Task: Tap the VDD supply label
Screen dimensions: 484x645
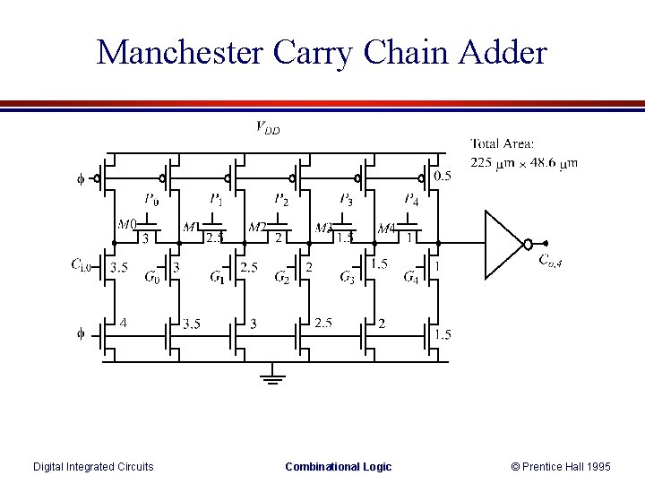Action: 267,128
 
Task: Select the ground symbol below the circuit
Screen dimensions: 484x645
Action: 272,376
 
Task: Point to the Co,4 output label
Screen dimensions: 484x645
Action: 549,260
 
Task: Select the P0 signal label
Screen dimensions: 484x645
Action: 153,199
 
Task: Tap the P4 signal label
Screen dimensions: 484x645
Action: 410,199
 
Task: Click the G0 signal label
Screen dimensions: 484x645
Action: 153,276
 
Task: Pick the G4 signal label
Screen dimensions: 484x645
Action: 411,276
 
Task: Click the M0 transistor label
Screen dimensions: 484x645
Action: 127,223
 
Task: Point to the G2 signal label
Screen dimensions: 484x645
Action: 282,276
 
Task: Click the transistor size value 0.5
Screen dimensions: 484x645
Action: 442,176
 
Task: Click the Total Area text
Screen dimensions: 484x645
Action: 502,143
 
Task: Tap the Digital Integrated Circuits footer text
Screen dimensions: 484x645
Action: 93,466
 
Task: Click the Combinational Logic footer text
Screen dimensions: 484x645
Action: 338,466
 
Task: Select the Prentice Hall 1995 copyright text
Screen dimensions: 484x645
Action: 561,466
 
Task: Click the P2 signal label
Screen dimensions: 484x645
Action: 281,199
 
